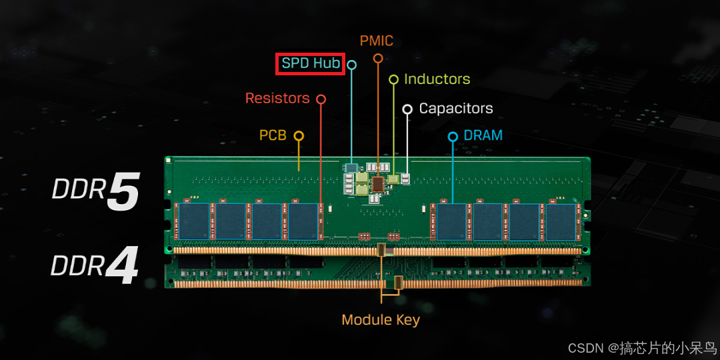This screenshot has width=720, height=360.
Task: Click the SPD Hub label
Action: tap(311, 64)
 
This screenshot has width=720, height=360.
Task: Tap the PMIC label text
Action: tap(377, 41)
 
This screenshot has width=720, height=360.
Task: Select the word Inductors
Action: tap(437, 79)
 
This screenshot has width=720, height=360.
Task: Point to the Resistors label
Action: tap(277, 99)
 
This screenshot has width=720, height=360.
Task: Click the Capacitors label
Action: tap(456, 109)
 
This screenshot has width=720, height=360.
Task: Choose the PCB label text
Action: tap(273, 136)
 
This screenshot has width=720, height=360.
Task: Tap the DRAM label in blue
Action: tap(483, 135)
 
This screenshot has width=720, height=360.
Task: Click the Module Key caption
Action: tap(381, 320)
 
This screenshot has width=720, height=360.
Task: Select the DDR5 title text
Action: tap(96, 191)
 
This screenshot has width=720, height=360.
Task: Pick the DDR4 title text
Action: tap(95, 265)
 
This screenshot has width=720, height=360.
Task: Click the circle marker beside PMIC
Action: tap(378, 59)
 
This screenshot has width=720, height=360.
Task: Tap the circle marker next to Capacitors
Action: tap(407, 109)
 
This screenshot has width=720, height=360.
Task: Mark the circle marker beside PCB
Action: tap(299, 136)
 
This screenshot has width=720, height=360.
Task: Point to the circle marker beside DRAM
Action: tap(453, 137)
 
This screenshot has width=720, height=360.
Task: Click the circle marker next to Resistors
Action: tap(321, 99)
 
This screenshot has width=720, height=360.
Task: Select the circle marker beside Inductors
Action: tap(393, 79)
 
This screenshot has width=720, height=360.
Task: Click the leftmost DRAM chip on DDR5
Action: tap(194, 221)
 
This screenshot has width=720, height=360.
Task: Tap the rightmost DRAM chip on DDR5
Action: tap(561, 221)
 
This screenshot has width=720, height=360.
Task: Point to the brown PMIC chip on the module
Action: tap(378, 183)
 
